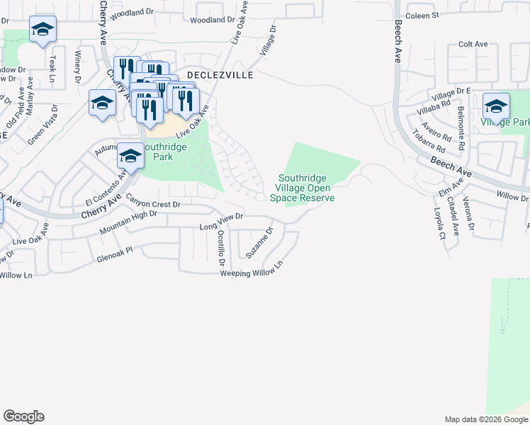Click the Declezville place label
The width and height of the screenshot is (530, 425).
coord(220,74)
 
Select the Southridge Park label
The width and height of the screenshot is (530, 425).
coord(164,152)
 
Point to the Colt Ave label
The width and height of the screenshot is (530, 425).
coord(473,44)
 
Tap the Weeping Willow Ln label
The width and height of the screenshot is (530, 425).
coord(252,270)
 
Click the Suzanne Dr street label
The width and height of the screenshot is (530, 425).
coord(259,242)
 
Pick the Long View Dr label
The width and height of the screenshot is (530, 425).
coord(222,222)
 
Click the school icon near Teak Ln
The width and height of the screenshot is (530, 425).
coord(43,29)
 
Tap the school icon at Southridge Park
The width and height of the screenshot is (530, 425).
coord(130,155)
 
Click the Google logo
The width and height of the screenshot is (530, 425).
coord(23,416)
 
